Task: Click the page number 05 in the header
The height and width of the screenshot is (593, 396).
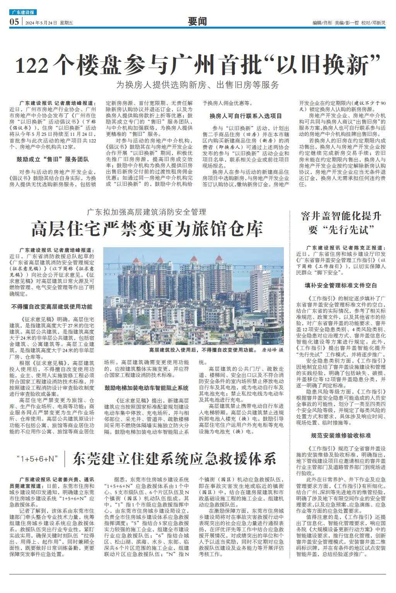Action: click(14, 22)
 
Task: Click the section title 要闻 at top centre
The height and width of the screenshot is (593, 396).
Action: click(197, 22)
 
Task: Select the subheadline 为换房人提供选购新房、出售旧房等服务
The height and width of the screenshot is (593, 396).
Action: click(198, 85)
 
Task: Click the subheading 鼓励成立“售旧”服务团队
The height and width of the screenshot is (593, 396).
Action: click(53, 159)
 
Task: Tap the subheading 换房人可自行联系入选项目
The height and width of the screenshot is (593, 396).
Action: click(246, 116)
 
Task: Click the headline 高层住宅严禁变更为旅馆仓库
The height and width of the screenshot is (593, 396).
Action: click(147, 229)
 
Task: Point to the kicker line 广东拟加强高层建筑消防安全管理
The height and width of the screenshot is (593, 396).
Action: click(147, 212)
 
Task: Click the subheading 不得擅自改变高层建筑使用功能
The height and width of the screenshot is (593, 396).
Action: click(52, 306)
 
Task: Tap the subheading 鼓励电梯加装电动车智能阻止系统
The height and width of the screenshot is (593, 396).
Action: click(147, 387)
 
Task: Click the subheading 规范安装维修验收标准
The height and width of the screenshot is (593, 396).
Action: click(341, 435)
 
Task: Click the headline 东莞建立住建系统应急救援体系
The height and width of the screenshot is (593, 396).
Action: click(174, 459)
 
